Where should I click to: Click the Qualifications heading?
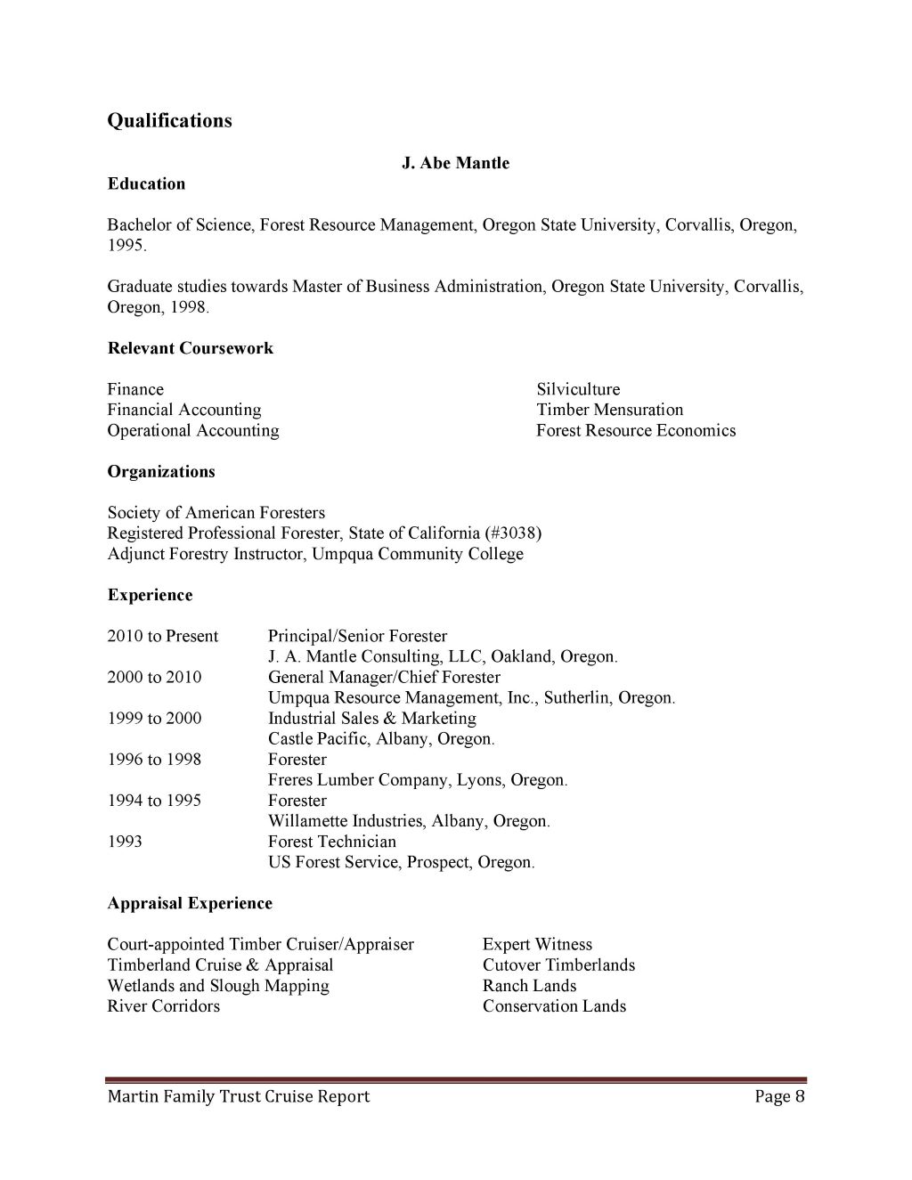[169, 121]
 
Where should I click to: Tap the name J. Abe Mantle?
[456, 163]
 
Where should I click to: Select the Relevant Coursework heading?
[191, 348]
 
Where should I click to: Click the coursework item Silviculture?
[578, 389]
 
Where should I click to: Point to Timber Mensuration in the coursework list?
[609, 410]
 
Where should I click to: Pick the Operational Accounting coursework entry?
[193, 430]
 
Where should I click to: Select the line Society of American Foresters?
[216, 513]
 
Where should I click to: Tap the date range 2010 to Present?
[163, 636]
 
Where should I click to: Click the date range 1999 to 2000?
[154, 718]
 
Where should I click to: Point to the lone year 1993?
[125, 842]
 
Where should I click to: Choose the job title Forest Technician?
[332, 842]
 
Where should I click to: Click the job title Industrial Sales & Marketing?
[372, 718]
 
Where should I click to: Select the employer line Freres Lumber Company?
[417, 780]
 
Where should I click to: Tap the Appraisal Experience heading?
[190, 903]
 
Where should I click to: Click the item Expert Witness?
[537, 944]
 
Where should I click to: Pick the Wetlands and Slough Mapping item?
[218, 986]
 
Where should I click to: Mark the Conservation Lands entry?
[554, 1006]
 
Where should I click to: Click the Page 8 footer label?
[779, 1096]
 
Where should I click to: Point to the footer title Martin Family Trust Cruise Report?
[239, 1096]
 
